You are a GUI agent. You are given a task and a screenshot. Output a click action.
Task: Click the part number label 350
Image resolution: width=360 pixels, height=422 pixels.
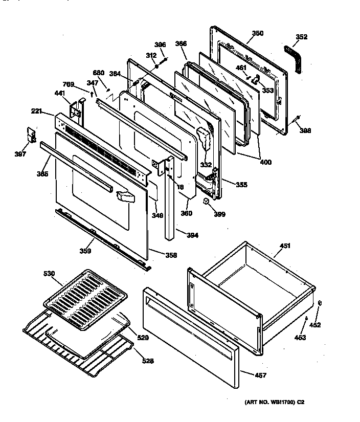coord(258,33)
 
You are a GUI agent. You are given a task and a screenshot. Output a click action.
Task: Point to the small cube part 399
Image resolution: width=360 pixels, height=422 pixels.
coord(207,201)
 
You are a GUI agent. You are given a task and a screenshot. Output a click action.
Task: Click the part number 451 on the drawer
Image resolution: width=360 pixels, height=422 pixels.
coord(285,246)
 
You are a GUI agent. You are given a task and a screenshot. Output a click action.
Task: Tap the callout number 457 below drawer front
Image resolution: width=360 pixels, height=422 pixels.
coord(260,375)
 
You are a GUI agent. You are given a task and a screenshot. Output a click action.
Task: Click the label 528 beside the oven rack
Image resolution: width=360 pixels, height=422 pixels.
coord(147,361)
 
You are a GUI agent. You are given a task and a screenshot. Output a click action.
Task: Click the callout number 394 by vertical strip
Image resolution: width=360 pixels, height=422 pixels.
coord(192,236)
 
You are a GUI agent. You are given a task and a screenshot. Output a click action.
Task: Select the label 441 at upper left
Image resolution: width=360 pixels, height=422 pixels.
coord(60,93)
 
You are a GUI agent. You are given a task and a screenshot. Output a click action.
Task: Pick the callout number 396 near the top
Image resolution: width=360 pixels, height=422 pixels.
coord(160,45)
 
